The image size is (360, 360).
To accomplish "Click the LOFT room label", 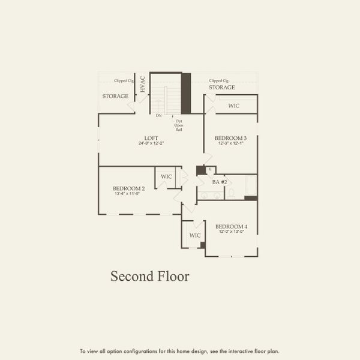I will (x=151, y=138).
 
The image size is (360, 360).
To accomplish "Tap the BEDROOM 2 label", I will (x=128, y=188).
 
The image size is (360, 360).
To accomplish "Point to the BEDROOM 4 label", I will (x=231, y=226).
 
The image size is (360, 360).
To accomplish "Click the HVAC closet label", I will (x=143, y=83).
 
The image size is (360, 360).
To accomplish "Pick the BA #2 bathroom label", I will (x=220, y=182).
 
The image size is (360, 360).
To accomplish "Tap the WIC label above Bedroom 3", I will (x=234, y=106).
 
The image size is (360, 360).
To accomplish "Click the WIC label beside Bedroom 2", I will (x=166, y=176).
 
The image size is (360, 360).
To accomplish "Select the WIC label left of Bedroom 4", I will (x=195, y=235).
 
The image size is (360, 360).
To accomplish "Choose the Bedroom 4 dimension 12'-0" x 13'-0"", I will (x=231, y=232).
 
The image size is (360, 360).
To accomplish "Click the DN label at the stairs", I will (x=158, y=115).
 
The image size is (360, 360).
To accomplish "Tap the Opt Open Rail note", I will (x=179, y=125).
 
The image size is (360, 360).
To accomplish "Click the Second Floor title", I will (x=149, y=277).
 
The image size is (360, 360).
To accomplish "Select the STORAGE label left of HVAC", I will (x=115, y=96).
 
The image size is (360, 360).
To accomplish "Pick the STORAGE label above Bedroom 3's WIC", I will (x=222, y=88).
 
